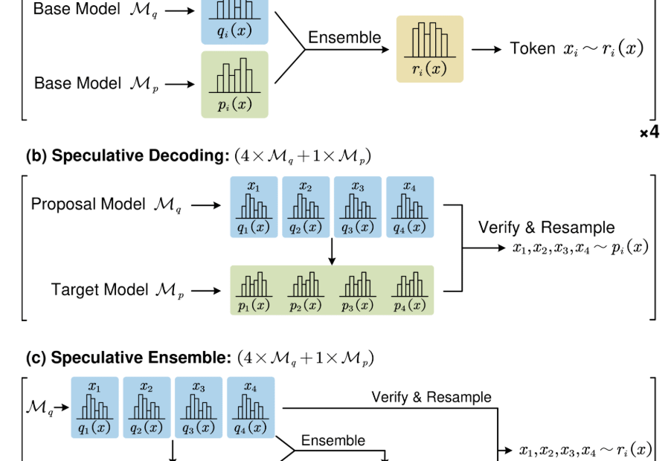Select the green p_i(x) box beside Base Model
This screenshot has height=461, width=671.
coord(234,83)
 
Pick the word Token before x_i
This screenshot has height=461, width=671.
coord(533,49)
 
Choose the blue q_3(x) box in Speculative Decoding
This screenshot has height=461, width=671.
coord(358,207)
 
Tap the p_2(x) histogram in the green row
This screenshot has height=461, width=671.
coord(306,290)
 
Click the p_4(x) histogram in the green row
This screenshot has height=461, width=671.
coord(410,290)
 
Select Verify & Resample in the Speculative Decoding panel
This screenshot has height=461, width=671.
coord(547,228)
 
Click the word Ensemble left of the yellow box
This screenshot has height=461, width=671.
coord(344,37)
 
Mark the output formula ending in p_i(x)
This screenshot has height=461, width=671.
coord(581,248)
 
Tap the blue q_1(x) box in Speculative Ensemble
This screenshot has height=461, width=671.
coord(94,407)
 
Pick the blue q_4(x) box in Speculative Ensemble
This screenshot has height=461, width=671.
coord(251,407)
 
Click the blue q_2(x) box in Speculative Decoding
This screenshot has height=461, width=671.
coord(306,207)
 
